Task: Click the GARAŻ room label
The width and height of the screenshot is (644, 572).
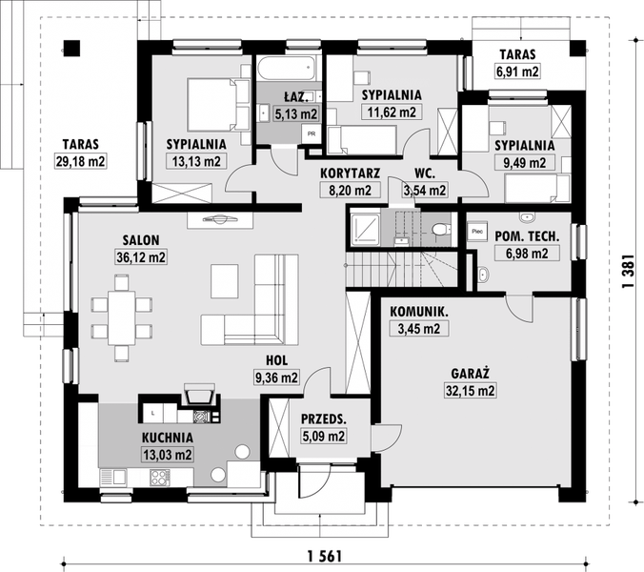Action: (471, 374)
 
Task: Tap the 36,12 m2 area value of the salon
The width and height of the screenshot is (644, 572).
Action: (141, 257)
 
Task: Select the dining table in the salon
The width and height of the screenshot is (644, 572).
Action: (122, 317)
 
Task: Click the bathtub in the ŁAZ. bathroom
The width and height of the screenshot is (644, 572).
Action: (287, 69)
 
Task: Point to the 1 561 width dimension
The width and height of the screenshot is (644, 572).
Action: (325, 557)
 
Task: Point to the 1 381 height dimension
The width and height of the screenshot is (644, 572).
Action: (629, 271)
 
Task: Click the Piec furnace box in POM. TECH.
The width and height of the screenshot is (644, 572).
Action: (477, 232)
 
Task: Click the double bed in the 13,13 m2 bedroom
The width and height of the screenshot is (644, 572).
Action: (218, 105)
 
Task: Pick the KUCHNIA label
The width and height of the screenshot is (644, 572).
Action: (168, 438)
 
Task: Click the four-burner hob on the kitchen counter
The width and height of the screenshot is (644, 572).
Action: (160, 478)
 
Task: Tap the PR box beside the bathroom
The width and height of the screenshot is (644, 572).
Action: (312, 134)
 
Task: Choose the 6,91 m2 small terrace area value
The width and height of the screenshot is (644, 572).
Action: (517, 71)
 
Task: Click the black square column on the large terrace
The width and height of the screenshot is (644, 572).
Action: (71, 49)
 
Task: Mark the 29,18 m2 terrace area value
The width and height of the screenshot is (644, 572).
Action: (80, 161)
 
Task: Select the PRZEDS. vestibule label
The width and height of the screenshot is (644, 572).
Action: (324, 419)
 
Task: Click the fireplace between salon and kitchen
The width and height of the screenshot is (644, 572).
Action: (200, 395)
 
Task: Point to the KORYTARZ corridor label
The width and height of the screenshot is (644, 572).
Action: (350, 174)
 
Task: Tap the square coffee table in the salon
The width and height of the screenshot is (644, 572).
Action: (225, 281)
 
